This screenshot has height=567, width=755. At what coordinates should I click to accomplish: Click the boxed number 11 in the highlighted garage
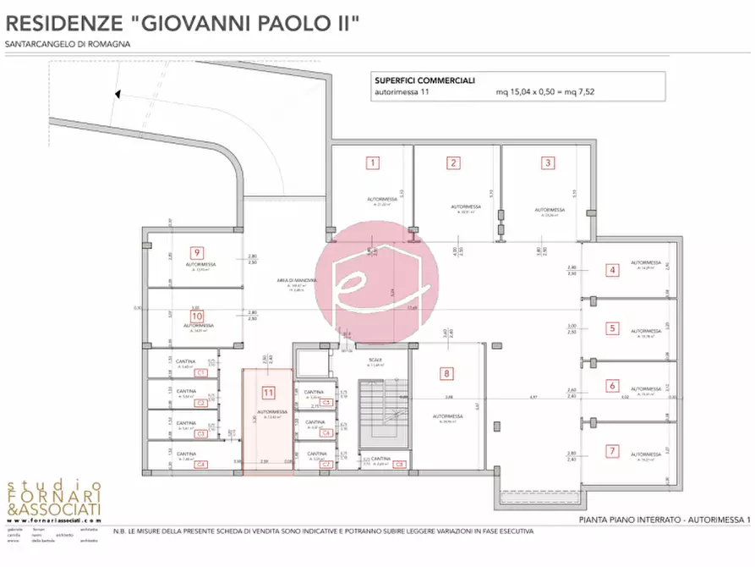(269, 392)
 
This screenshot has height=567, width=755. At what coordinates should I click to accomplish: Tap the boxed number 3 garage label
(548, 162)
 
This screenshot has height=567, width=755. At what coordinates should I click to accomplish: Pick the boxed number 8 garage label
(446, 372)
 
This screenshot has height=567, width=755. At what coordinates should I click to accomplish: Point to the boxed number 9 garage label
(196, 252)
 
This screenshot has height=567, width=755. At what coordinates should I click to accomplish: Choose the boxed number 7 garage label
(611, 451)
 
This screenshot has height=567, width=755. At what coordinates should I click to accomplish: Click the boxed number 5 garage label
(611, 328)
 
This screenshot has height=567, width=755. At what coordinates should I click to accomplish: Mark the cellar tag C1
(201, 372)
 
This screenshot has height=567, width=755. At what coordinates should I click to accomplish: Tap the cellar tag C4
(201, 465)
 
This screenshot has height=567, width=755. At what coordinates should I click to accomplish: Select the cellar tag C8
(399, 464)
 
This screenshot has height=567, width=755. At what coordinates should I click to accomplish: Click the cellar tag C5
(326, 403)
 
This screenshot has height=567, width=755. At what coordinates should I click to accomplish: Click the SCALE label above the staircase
(375, 360)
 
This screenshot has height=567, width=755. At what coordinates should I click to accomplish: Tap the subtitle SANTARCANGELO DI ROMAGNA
(68, 44)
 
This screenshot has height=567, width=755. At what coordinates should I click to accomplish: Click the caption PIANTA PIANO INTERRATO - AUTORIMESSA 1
(664, 519)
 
